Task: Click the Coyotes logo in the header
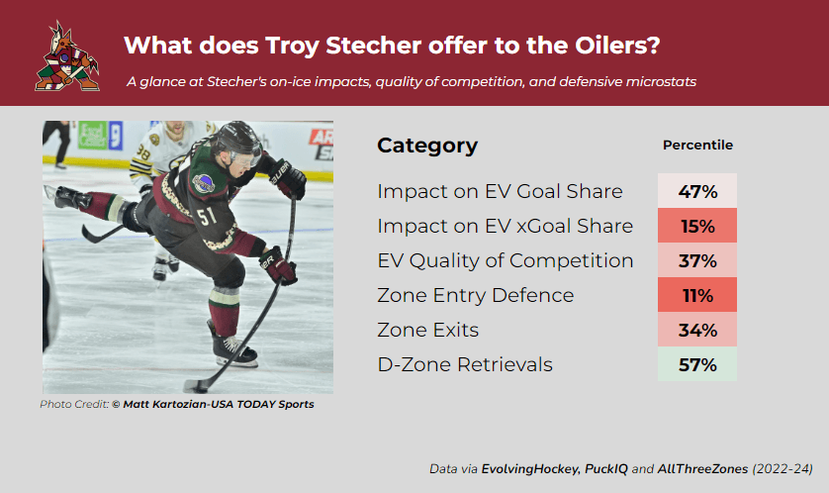click(x=67, y=56)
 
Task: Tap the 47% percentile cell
click(x=696, y=191)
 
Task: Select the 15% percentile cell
click(x=696, y=226)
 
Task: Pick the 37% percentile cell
click(x=696, y=260)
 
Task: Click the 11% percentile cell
click(x=696, y=295)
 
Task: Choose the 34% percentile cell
click(x=696, y=330)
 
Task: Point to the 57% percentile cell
click(x=696, y=364)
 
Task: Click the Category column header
click(x=427, y=146)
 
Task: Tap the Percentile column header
click(x=697, y=145)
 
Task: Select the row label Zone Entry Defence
click(x=475, y=295)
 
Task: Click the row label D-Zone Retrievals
click(x=465, y=364)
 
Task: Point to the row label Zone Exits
click(x=427, y=330)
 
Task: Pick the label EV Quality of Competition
click(x=505, y=260)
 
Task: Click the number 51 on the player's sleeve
click(x=207, y=215)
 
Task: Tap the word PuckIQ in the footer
click(x=605, y=468)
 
